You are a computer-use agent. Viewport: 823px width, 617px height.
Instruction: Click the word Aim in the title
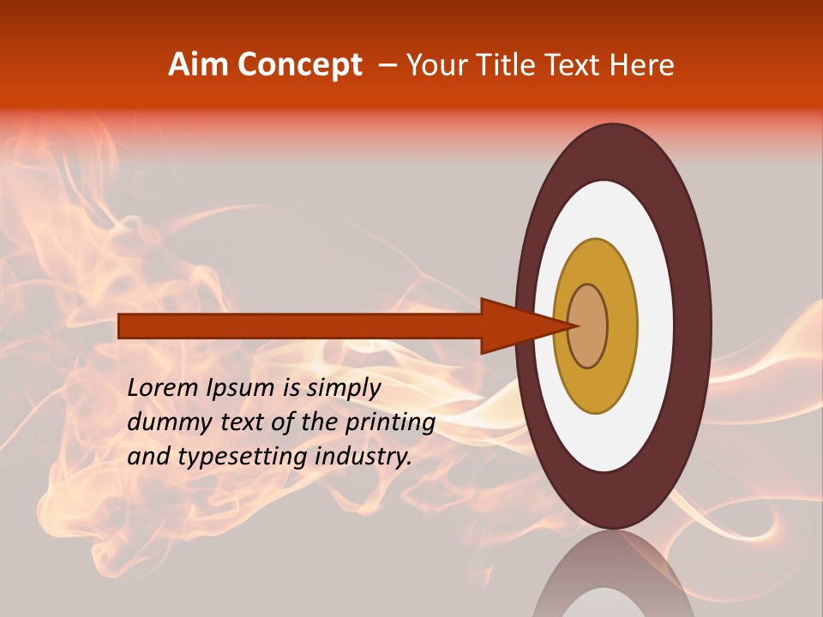coord(198,65)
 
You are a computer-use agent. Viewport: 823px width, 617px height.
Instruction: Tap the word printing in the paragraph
coord(389,422)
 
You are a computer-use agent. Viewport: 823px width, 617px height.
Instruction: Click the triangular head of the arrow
coord(514,326)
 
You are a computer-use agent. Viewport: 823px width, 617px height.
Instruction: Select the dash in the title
coord(387,65)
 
